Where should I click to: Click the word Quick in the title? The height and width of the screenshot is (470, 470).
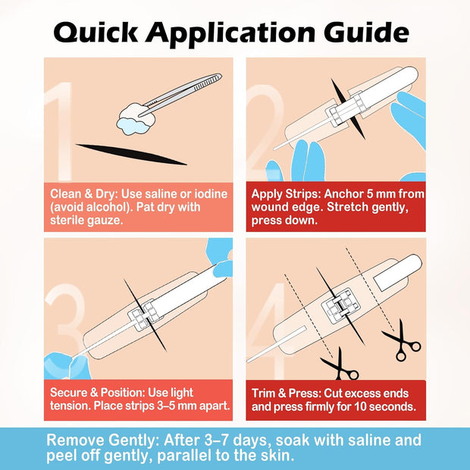coord(96,33)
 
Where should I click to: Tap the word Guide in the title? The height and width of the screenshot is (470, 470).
coord(367,32)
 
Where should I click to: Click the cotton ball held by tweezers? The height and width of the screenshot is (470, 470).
coord(136,119)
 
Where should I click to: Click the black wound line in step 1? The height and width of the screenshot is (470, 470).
coord(131,154)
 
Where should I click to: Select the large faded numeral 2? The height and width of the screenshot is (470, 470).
coord(266,132)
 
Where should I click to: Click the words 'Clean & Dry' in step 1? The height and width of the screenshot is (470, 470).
coord(83,194)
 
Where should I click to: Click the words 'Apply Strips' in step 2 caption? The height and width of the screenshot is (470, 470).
coord(286,194)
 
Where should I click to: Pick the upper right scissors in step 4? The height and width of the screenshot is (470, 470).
coord(402,341)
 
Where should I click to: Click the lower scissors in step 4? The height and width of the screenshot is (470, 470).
coord(340,365)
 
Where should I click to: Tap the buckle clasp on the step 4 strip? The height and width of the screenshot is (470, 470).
coord(340,306)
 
